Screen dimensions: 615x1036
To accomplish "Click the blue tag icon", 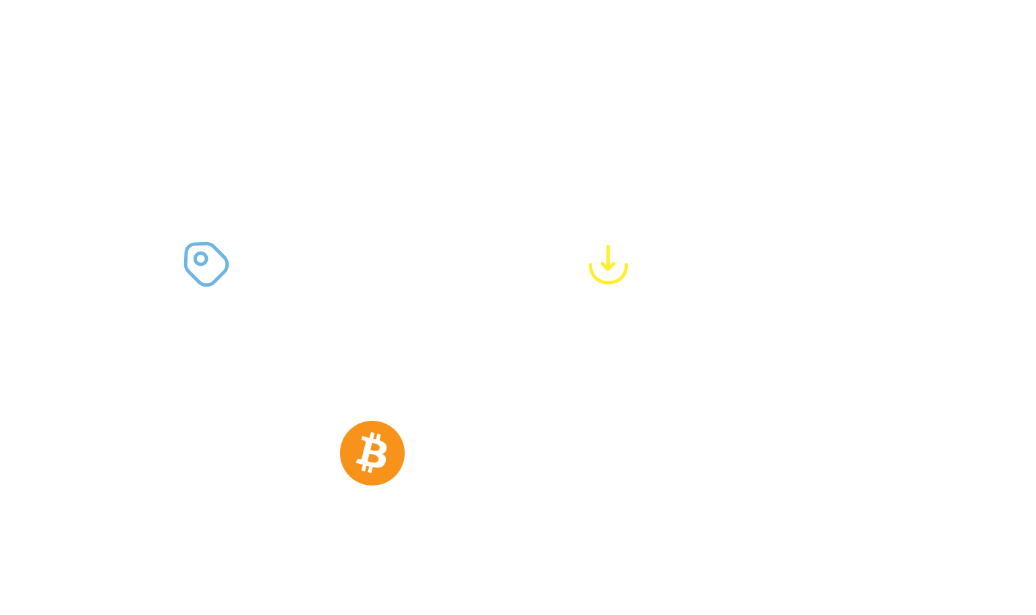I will coord(206,264).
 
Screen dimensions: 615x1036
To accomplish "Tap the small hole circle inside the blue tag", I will coord(200,258).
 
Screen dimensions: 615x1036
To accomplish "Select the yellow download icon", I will coord(608,264).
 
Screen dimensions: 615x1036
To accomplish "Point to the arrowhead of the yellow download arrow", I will coord(608,267).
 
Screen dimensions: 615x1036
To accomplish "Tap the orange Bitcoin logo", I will coord(372,453).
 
